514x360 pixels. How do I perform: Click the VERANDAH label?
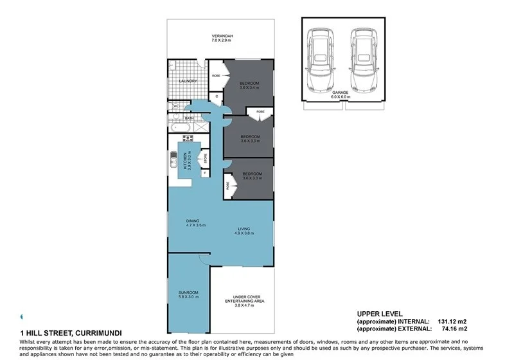(220, 35)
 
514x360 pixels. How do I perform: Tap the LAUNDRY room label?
(188, 81)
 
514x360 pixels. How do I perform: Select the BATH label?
(190, 118)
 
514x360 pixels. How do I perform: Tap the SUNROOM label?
(188, 292)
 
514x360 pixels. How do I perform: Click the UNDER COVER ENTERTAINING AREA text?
(241, 298)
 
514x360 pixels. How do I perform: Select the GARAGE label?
(341, 93)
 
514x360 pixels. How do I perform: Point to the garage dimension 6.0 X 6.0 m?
(341, 97)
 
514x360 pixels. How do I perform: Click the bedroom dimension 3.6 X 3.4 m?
(249, 87)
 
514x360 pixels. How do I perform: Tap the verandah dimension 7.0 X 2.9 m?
(220, 40)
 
